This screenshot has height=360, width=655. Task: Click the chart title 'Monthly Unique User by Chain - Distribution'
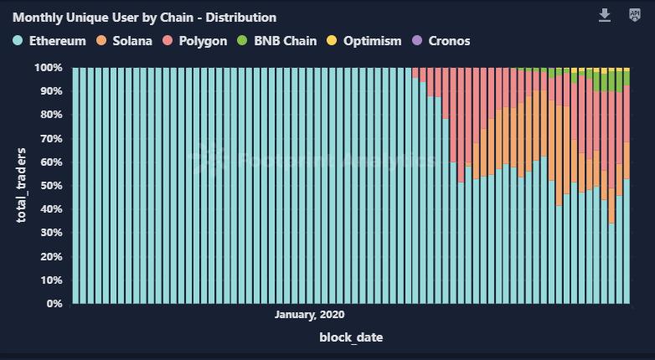144,17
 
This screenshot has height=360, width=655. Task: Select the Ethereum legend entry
57,40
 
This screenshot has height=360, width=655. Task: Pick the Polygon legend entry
204,40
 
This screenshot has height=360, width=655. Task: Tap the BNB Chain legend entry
287,40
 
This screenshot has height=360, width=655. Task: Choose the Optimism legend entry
373,40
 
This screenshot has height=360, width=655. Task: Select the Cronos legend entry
449,40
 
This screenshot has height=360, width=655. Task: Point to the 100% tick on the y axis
49,67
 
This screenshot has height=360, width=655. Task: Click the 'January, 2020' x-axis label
309,315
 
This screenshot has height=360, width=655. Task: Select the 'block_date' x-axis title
351,337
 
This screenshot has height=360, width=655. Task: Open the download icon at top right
605,16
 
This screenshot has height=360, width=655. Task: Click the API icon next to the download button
634,16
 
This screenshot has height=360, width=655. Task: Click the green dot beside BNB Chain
243,40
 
